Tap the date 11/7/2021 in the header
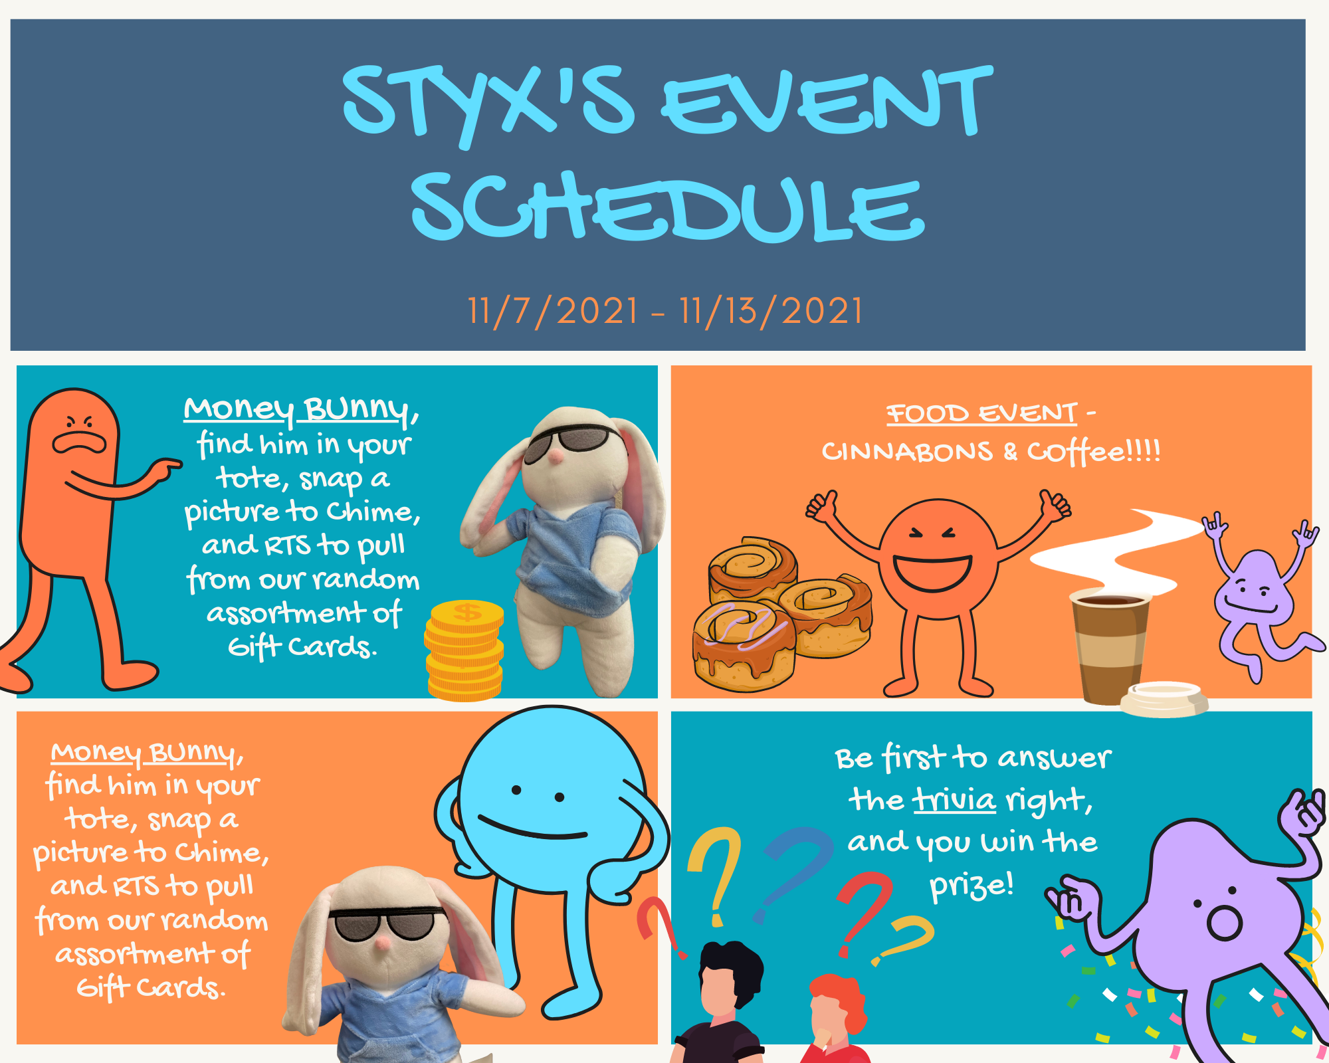coord(553,311)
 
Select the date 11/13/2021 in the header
coord(771,311)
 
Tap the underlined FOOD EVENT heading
coord(981,413)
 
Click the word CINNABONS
coord(907,452)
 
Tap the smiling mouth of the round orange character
coord(932,573)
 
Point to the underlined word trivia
coord(954,800)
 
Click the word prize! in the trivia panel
coord(971,886)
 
